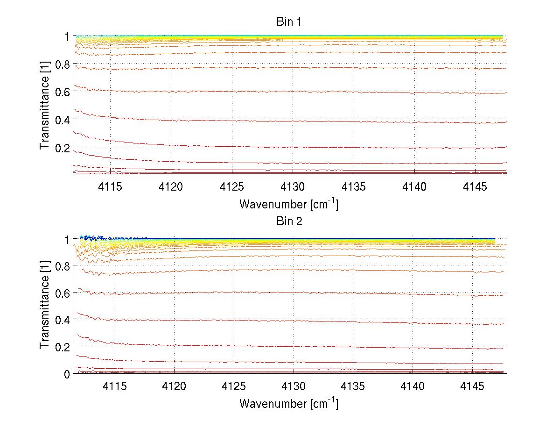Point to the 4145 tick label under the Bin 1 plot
click(476, 186)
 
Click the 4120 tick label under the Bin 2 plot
click(174, 386)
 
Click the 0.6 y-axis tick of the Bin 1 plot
click(62, 92)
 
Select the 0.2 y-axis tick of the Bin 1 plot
click(62, 147)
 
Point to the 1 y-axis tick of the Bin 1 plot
click(67, 36)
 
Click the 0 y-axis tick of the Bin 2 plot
click(67, 373)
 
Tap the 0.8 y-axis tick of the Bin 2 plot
click(62, 266)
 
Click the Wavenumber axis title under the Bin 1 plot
click(289, 204)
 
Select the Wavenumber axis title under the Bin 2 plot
click(289, 403)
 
